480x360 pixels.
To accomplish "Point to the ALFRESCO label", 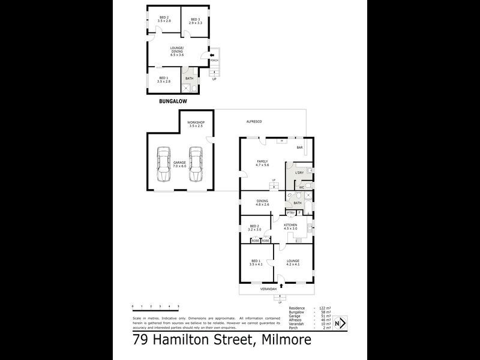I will click(x=254, y=122).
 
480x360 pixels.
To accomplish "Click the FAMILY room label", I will click(x=262, y=161).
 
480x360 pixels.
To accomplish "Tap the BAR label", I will click(x=299, y=147).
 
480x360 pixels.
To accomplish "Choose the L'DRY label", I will click(x=299, y=173).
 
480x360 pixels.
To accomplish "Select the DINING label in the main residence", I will click(x=262, y=201).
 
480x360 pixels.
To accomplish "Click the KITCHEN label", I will click(x=290, y=225).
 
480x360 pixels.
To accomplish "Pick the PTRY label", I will click(x=290, y=212).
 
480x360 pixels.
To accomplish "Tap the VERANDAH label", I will click(x=268, y=289).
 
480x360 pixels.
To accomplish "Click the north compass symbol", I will click(x=340, y=323).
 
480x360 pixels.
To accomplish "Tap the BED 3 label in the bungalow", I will click(x=195, y=20).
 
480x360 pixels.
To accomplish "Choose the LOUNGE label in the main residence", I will click(x=293, y=260).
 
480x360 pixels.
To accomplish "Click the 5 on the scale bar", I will click(x=178, y=307).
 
